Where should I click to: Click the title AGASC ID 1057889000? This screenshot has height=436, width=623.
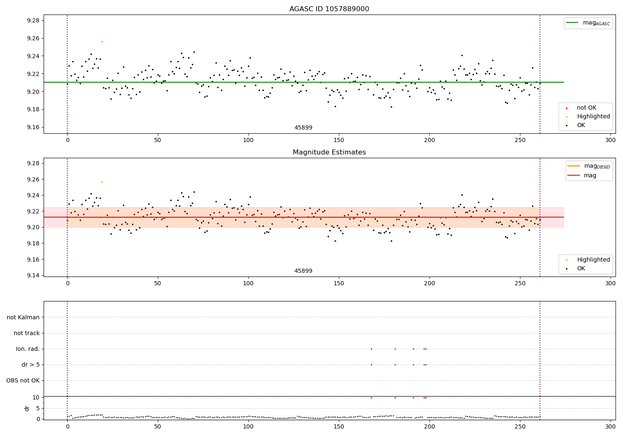point(329,9)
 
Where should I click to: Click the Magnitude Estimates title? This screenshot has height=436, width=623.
point(329,152)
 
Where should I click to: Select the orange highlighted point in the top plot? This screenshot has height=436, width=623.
point(102,42)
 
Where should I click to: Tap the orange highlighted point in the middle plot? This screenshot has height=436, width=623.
point(102,182)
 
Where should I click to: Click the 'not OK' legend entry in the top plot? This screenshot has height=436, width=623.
point(586,108)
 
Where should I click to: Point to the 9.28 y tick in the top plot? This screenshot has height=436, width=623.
point(32,21)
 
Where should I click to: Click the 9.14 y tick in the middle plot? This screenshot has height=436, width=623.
point(32,276)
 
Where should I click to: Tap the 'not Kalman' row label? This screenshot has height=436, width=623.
point(23,317)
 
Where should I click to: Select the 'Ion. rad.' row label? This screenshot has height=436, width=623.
point(28,349)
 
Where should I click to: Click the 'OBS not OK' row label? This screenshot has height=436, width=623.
point(23,380)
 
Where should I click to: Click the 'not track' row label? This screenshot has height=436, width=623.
point(27,333)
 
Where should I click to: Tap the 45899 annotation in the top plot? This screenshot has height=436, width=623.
point(303,128)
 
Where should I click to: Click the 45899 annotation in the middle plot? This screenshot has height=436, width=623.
point(303,271)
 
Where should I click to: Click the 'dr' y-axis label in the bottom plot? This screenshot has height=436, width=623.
point(27,408)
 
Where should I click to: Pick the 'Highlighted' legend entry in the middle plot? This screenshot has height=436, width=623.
point(593,260)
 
